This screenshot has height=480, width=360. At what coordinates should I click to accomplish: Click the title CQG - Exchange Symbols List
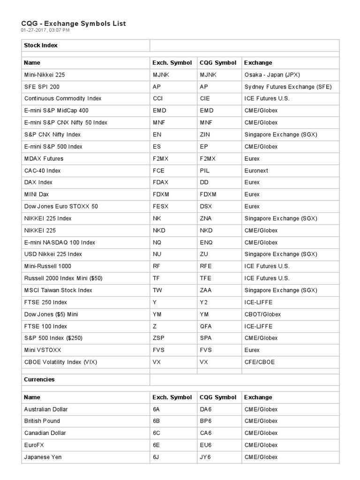point(74,23)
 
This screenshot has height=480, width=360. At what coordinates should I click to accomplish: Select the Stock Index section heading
point(41,45)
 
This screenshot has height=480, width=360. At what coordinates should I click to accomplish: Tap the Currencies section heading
point(39,379)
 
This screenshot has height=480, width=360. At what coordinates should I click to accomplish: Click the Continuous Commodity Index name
point(63,98)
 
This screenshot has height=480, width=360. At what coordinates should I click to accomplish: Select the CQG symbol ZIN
point(205,135)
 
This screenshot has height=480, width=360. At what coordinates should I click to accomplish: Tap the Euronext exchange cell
point(256,171)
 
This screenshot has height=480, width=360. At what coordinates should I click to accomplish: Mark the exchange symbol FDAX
point(161,182)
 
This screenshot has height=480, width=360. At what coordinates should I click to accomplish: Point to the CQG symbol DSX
point(206,206)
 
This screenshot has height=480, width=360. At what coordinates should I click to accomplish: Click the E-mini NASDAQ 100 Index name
point(60,242)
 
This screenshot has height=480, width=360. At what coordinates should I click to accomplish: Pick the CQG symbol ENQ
point(206,242)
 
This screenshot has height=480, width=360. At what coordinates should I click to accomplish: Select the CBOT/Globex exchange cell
point(262,314)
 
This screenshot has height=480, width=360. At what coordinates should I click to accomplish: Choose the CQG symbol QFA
point(206,326)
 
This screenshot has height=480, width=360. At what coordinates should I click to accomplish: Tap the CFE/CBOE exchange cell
point(260,362)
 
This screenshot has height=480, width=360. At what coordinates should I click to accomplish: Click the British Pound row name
point(42,421)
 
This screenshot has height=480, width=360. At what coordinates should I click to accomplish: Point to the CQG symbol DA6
point(206,409)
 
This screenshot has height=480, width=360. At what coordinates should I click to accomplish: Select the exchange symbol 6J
point(157,457)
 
